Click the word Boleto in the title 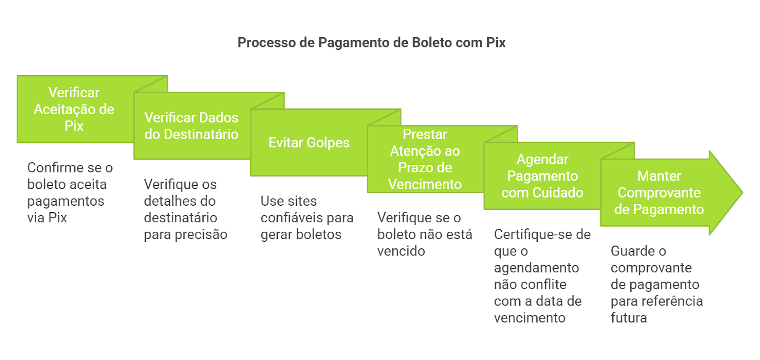pyautogui.click(x=431, y=43)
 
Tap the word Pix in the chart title pyautogui.click(x=495, y=43)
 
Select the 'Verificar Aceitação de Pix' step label pyautogui.click(x=74, y=109)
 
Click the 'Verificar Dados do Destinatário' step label pyautogui.click(x=191, y=126)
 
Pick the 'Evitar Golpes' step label pyautogui.click(x=309, y=142)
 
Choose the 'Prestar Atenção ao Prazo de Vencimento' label pyautogui.click(x=425, y=159)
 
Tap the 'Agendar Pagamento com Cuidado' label pyautogui.click(x=542, y=176)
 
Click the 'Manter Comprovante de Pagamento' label pyautogui.click(x=659, y=192)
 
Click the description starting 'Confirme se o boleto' pyautogui.click(x=69, y=192)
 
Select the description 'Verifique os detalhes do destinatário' pyautogui.click(x=185, y=209)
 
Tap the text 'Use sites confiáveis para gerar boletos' pyautogui.click(x=306, y=218)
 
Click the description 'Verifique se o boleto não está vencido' pyautogui.click(x=424, y=234)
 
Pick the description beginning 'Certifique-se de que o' pyautogui.click(x=541, y=275)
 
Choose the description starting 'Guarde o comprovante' pyautogui.click(x=656, y=284)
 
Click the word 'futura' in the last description pyautogui.click(x=628, y=318)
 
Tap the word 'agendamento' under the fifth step pyautogui.click(x=536, y=268)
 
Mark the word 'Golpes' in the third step pyautogui.click(x=328, y=142)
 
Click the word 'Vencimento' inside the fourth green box pyautogui.click(x=425, y=184)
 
